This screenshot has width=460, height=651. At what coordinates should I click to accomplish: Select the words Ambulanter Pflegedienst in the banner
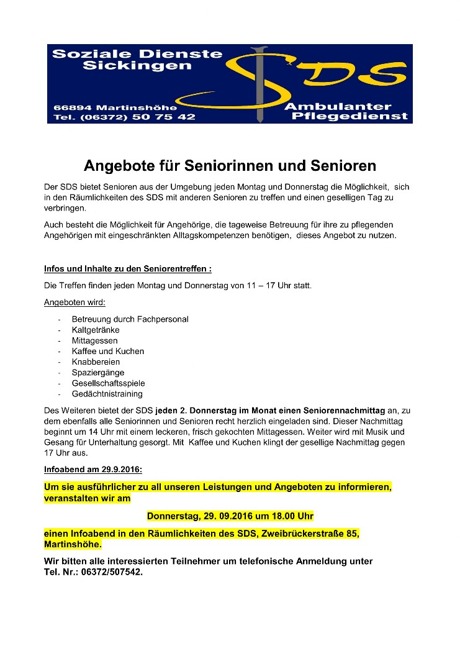[346, 111]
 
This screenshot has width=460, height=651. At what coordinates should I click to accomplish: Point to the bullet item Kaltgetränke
[96, 330]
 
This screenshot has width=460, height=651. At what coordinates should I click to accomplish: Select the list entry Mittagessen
[94, 340]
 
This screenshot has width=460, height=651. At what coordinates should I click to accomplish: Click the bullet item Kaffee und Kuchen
[108, 351]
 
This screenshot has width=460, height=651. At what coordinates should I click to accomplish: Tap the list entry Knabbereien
[96, 362]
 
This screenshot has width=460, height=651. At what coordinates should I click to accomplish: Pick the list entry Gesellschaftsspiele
[108, 383]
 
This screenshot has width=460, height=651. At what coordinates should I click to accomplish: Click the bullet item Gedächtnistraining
[107, 394]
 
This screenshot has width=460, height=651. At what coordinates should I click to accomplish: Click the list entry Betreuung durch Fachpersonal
[130, 319]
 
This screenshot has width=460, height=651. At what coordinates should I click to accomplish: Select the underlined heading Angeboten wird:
[74, 303]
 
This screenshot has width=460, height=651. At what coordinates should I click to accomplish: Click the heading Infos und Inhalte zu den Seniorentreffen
[127, 269]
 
